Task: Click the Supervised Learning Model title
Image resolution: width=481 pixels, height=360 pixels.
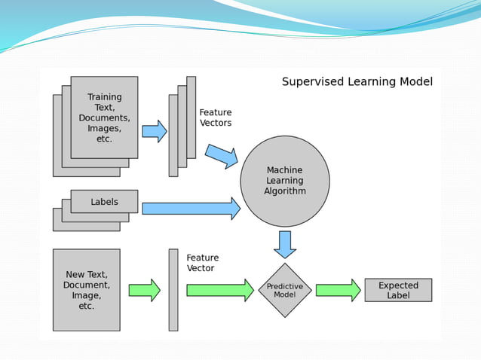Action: tap(357, 81)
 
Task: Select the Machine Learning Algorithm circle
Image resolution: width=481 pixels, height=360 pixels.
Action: tap(285, 181)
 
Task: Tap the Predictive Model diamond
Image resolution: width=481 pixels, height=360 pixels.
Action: tap(285, 290)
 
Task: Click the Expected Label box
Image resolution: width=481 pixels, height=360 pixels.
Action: tap(398, 290)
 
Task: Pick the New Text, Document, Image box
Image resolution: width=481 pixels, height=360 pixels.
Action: tap(86, 290)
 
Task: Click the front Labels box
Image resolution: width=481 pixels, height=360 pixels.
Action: tap(104, 201)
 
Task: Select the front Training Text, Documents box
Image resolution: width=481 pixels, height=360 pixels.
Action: tap(104, 117)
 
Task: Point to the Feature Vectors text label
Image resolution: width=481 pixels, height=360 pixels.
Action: tap(216, 117)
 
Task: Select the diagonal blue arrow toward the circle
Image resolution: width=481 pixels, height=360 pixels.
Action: tap(222, 156)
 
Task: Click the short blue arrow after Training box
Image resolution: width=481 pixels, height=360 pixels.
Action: tap(154, 131)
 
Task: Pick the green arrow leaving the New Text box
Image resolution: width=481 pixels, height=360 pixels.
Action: tap(144, 290)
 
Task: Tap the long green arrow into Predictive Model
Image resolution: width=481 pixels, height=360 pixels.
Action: tap(219, 290)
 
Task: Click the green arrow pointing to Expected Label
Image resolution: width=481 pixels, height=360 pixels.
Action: tap(338, 290)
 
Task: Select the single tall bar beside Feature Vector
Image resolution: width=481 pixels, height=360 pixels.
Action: tap(173, 290)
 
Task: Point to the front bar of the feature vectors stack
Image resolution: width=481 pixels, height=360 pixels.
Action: tap(173, 136)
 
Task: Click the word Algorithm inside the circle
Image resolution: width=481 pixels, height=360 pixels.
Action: tap(285, 191)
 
